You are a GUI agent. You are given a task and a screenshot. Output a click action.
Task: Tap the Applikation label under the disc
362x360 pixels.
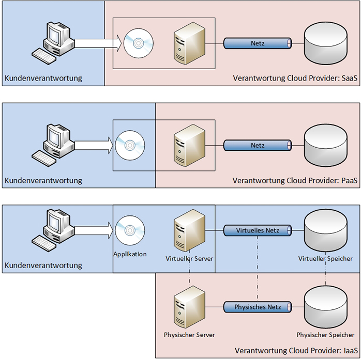pyautogui.click(x=130, y=254)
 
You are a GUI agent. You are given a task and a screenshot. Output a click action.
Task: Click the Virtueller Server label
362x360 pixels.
pyautogui.click(x=189, y=258)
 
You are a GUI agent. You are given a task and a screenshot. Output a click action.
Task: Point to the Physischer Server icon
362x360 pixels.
pyautogui.click(x=188, y=307)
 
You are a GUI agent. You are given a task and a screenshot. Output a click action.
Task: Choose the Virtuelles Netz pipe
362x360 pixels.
pyautogui.click(x=258, y=230)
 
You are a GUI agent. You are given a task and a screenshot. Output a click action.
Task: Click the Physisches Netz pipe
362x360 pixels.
pyautogui.click(x=258, y=307)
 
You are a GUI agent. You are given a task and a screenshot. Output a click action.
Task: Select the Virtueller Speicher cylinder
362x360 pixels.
pyautogui.click(x=326, y=230)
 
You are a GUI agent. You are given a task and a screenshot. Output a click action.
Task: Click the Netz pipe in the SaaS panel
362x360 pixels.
pyautogui.click(x=258, y=43)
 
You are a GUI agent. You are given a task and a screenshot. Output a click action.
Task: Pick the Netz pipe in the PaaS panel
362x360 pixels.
pyautogui.click(x=258, y=146)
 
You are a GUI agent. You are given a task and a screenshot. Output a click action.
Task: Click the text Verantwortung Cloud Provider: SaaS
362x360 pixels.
pyautogui.click(x=296, y=79)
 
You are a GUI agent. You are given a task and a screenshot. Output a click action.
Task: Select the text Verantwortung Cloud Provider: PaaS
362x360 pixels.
pyautogui.click(x=296, y=181)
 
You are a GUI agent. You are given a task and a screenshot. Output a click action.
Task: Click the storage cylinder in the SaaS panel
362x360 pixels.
pyautogui.click(x=326, y=43)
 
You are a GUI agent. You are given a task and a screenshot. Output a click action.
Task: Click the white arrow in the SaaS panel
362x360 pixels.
pyautogui.click(x=98, y=43)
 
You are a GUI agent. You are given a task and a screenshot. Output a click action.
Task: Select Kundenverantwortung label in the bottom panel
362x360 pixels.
pyautogui.click(x=43, y=265)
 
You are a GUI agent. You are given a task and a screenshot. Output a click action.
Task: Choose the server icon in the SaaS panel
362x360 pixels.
pyautogui.click(x=188, y=43)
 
